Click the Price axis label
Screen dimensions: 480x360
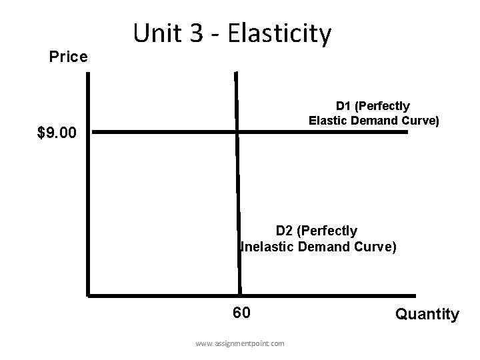point(69,57)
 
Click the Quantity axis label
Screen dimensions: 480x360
point(427,314)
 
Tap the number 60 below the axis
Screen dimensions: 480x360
point(241,313)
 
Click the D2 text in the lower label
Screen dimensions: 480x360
point(285,231)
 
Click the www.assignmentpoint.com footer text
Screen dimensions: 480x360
point(239,343)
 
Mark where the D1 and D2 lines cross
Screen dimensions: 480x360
point(237,133)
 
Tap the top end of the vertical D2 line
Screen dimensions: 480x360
point(235,72)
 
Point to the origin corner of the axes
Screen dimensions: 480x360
point(88,293)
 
